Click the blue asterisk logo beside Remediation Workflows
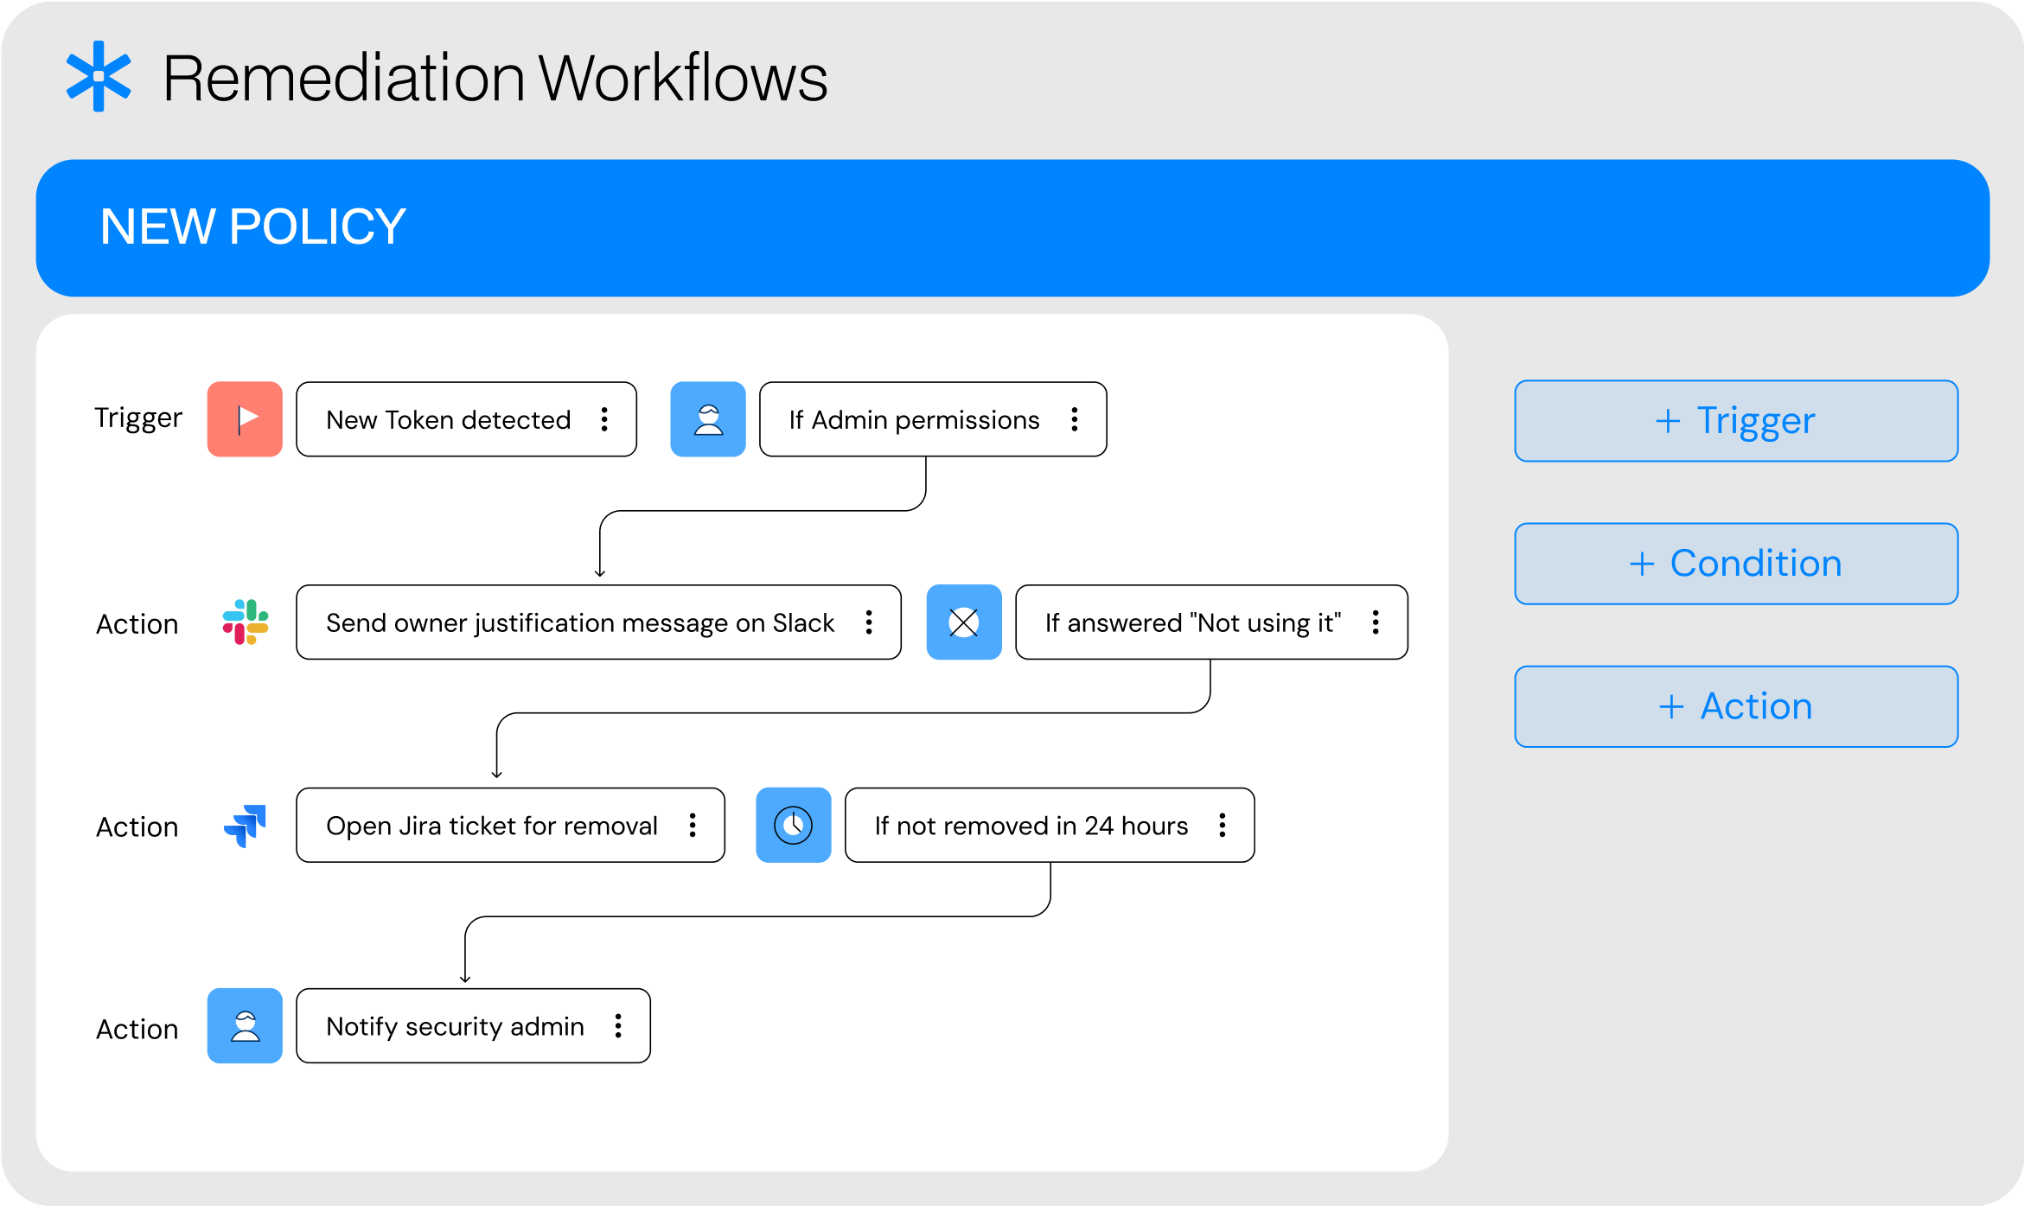point(99,76)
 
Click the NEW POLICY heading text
point(252,227)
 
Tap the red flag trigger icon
point(245,419)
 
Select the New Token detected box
point(466,419)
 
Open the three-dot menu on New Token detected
point(604,419)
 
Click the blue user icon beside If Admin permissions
point(708,419)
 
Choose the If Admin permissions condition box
point(933,419)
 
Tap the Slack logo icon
point(246,622)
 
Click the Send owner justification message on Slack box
point(598,622)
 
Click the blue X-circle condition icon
point(964,622)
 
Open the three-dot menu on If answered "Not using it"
point(1376,622)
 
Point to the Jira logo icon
point(246,826)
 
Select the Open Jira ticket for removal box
point(510,825)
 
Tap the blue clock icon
point(794,825)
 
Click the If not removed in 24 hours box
point(1050,825)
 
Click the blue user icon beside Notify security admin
point(245,1026)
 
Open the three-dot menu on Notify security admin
point(618,1026)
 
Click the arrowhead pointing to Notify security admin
point(465,979)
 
